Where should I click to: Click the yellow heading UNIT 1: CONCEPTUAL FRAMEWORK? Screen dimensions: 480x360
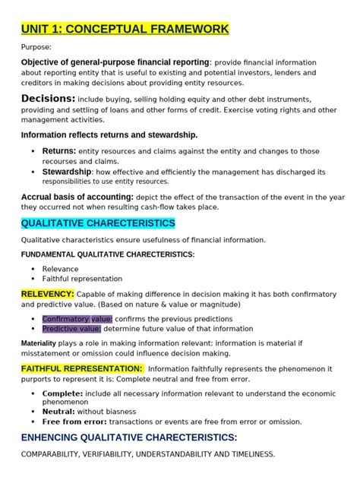click(x=125, y=30)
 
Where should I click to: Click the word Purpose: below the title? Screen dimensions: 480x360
click(x=36, y=47)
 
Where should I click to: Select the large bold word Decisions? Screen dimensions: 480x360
click(x=48, y=99)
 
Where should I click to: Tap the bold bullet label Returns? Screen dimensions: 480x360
click(x=58, y=151)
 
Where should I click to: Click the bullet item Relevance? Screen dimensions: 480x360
click(x=62, y=268)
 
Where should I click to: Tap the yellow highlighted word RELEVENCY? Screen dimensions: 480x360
click(x=47, y=293)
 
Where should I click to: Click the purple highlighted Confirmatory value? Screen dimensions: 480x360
click(x=77, y=319)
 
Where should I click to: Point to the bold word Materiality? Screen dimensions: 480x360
click(x=38, y=343)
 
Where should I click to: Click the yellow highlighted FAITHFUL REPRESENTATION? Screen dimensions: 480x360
click(x=82, y=368)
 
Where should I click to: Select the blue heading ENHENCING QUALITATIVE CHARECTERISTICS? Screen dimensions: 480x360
click(x=129, y=437)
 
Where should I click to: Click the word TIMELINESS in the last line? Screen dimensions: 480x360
click(x=248, y=454)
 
